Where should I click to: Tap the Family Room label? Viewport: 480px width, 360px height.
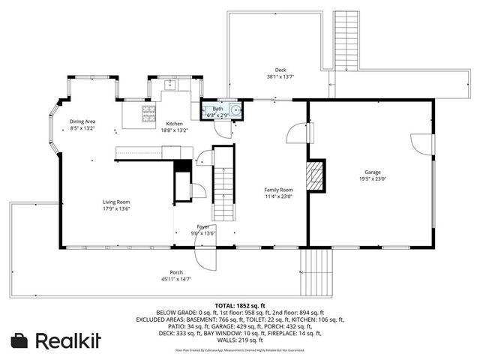pos(277,190)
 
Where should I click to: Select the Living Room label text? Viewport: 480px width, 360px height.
pos(116,201)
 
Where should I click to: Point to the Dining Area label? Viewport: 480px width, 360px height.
pos(82,121)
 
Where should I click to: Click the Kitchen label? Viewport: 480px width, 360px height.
pos(175,123)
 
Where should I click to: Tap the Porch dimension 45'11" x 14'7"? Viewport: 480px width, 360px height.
pos(176,278)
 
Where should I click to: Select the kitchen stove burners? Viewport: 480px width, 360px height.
pos(149,114)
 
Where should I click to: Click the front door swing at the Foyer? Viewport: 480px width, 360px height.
pos(205,259)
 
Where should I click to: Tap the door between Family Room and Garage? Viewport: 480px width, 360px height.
pos(298,134)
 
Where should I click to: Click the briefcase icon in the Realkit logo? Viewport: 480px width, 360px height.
pos(20,340)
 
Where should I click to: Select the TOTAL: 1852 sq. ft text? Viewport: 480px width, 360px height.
pos(239,305)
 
